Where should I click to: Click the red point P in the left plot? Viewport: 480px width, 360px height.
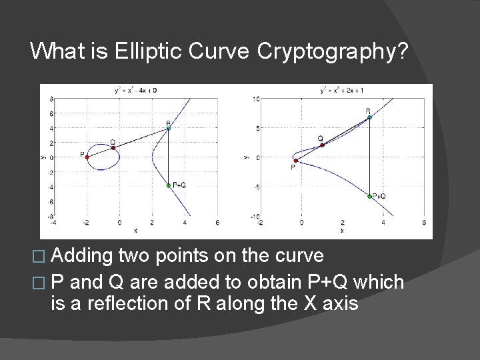(x=87, y=157)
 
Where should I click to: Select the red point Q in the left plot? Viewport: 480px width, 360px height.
(x=113, y=147)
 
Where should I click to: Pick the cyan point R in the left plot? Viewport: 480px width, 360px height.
(x=169, y=129)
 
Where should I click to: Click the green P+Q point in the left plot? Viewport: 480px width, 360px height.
(x=169, y=185)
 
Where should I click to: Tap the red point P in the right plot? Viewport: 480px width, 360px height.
(x=295, y=160)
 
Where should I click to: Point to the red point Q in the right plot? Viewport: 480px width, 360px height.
(x=322, y=145)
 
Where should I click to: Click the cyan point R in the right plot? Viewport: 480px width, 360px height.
(x=369, y=117)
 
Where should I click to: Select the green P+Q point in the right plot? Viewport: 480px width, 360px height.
(x=369, y=197)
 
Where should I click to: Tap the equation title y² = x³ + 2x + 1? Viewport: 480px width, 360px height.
(x=342, y=89)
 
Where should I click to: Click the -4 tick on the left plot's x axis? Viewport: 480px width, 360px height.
(x=54, y=223)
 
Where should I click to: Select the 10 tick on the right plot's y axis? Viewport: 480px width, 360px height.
(x=255, y=99)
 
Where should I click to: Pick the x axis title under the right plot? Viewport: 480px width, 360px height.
(x=342, y=231)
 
